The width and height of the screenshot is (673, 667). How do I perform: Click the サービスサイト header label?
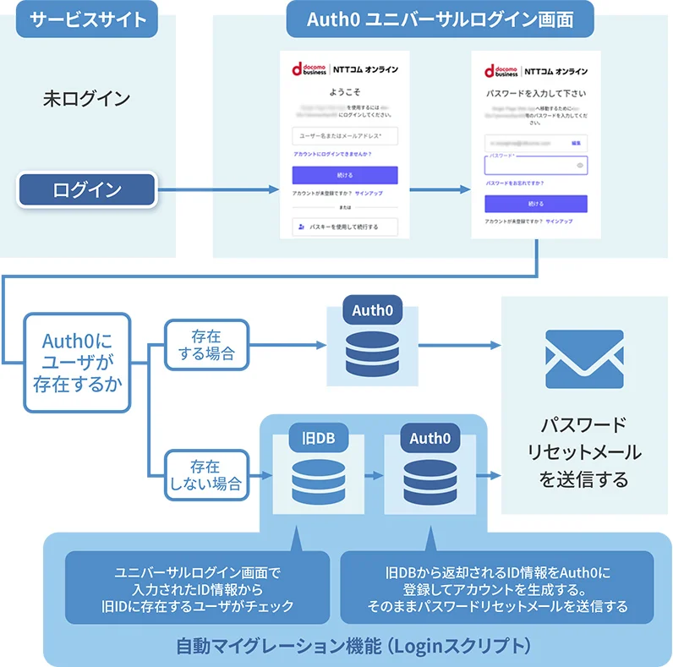[88, 19]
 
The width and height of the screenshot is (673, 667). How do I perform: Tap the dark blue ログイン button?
[88, 189]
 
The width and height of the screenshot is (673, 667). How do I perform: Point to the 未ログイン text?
[88, 99]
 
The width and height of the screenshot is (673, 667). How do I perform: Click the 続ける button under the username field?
[345, 175]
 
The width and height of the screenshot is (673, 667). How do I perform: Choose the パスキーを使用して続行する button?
[345, 227]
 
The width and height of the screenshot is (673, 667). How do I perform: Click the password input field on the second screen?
[535, 166]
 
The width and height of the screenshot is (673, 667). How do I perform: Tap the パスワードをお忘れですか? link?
[514, 183]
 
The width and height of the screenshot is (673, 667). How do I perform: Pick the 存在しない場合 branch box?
[206, 474]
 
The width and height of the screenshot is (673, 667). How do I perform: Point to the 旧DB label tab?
[312, 438]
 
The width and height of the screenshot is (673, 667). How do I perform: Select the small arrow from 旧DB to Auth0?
[373, 476]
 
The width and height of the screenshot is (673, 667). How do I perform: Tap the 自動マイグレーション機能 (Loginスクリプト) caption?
[353, 646]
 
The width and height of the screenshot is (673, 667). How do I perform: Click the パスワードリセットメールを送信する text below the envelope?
[584, 451]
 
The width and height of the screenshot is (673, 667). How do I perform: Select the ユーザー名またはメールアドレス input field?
[345, 135]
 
